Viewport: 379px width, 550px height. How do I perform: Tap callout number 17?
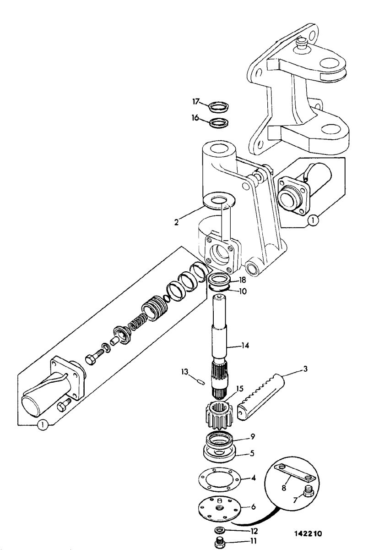point(196,101)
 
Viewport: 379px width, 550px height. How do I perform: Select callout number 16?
point(195,118)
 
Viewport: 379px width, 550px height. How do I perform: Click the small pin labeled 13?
point(201,382)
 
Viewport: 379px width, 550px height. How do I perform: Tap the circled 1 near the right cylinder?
point(313,220)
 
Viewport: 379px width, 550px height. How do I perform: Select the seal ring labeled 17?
point(219,107)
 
